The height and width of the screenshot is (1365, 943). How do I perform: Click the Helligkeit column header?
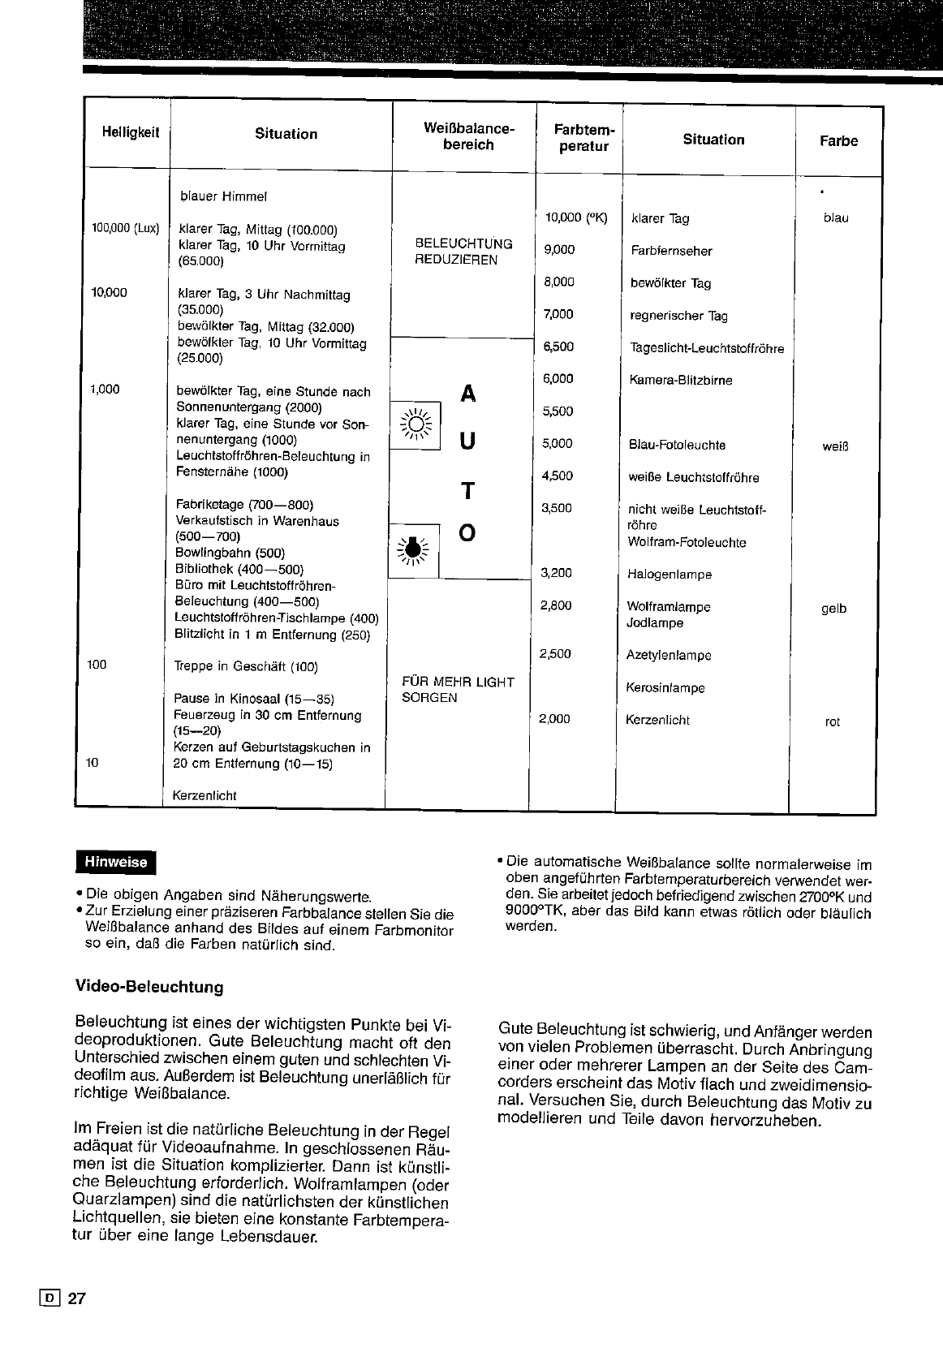coord(131,133)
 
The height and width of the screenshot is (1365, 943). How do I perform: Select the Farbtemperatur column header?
coord(583,138)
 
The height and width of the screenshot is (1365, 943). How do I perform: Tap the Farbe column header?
coord(838,141)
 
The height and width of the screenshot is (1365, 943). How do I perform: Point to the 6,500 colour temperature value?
coord(558,347)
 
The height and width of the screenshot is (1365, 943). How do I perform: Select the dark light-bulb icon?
coord(413,549)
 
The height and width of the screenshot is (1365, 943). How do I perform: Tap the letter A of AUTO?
coord(468,394)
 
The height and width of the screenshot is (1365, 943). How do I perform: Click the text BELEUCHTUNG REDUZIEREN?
coord(463,252)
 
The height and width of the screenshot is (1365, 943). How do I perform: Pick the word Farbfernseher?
coord(671,251)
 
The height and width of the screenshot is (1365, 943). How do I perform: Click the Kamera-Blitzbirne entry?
coord(680,380)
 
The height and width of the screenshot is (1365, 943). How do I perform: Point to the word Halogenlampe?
coord(670,575)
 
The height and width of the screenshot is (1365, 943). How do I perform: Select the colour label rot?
coord(833,721)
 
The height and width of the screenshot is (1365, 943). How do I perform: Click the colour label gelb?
coord(833,609)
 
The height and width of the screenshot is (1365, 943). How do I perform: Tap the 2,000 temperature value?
coord(554,719)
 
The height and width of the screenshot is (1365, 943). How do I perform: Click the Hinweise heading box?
coord(115,863)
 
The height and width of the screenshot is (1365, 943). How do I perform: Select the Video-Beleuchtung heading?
coord(149,988)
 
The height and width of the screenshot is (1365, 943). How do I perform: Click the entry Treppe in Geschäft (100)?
coord(246,667)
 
